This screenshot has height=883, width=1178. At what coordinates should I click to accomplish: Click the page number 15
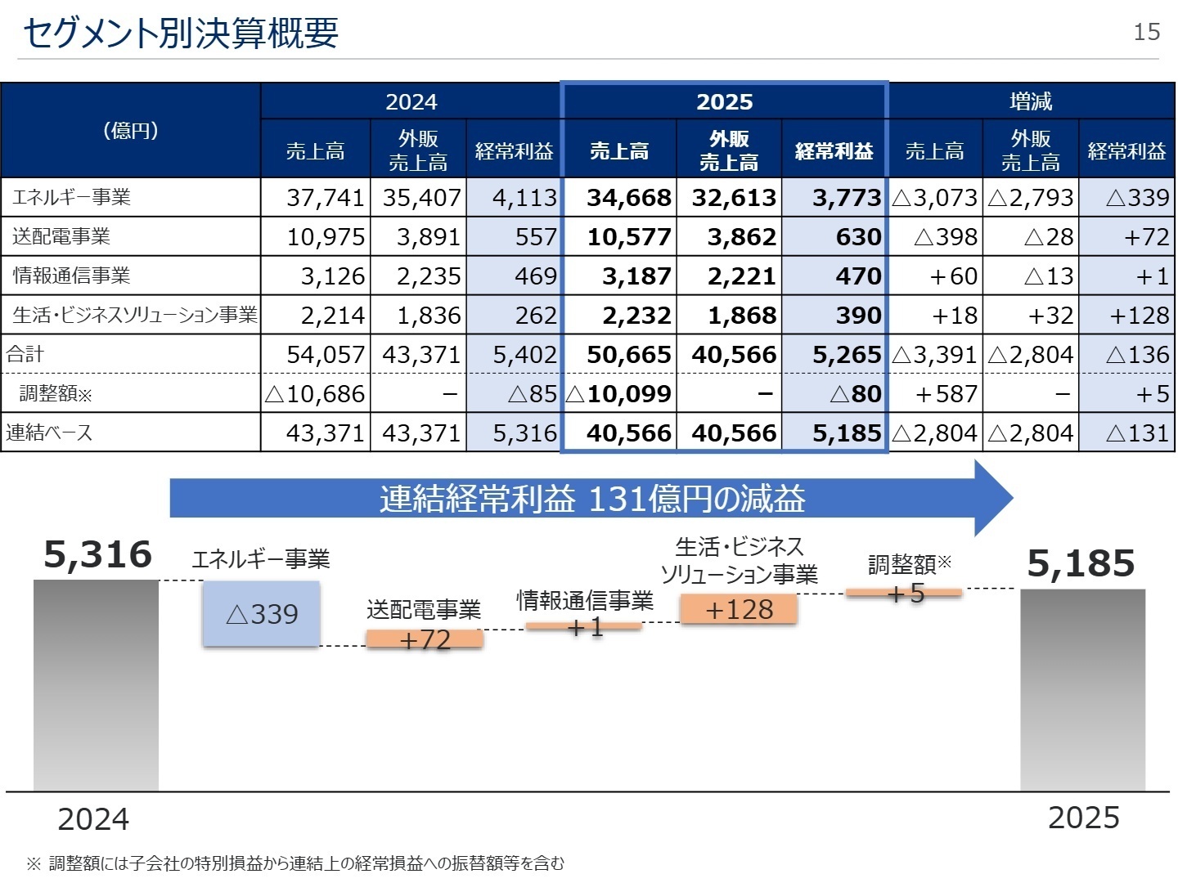tap(1146, 32)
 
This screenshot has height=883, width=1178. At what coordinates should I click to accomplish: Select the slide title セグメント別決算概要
tap(181, 34)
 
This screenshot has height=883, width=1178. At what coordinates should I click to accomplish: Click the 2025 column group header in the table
tap(724, 101)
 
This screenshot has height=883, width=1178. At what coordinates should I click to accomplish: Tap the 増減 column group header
tap(1031, 101)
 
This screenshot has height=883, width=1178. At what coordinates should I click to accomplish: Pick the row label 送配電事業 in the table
tap(61, 236)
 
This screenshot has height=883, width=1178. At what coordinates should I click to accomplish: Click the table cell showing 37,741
tap(326, 198)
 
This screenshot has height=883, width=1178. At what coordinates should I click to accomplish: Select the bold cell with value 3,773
tap(847, 198)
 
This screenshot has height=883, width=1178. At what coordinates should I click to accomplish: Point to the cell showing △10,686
tap(315, 393)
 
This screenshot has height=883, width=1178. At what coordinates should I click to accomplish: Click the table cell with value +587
tap(946, 393)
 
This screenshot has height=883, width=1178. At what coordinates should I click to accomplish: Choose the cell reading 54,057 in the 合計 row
tap(326, 354)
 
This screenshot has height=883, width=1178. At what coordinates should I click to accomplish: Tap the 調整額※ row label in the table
tap(56, 393)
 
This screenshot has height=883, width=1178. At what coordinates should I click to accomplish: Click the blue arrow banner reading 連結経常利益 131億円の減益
tap(591, 498)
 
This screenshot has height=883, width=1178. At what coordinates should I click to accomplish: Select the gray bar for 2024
tap(96, 685)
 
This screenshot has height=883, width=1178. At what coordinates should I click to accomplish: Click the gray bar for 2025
tap(1082, 690)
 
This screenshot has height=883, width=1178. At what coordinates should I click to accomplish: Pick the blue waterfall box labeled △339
tap(261, 613)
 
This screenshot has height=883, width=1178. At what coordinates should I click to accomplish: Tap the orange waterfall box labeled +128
tap(739, 609)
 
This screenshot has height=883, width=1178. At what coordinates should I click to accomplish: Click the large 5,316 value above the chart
tap(97, 554)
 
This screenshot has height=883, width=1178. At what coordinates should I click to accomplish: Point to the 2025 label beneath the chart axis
tap(1084, 818)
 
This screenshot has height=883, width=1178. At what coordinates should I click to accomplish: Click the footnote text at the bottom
tap(295, 863)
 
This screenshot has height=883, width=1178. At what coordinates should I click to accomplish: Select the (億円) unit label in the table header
tap(130, 130)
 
